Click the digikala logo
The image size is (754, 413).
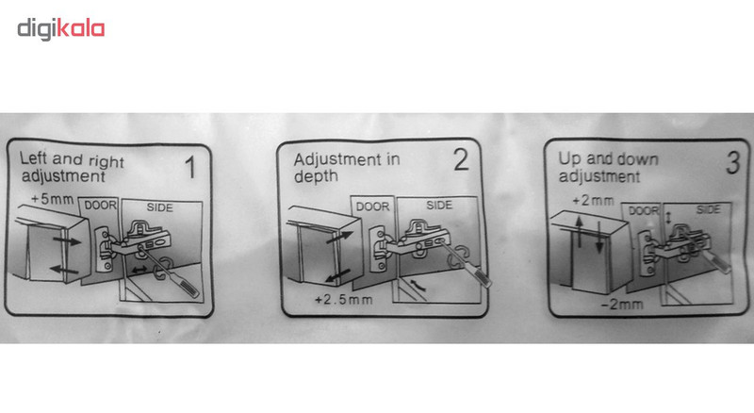61,29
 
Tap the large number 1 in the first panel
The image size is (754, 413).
191,167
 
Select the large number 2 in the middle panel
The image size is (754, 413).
461,159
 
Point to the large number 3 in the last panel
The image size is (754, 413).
732,162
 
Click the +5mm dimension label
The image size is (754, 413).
53,199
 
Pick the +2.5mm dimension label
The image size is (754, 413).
343,300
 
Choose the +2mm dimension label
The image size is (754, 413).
593,200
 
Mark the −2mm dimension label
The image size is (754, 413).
622,305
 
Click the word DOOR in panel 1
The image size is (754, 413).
100,206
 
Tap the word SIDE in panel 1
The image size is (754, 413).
159,207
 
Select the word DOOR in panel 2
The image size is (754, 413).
372,206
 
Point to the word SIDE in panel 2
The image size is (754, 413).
439,205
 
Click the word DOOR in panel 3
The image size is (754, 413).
644,211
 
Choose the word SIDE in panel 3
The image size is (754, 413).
709,209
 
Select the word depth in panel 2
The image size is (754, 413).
316,177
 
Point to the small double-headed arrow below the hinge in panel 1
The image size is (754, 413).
139,270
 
